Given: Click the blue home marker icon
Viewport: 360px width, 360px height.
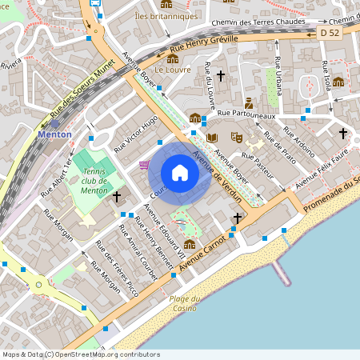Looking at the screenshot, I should point(180,173).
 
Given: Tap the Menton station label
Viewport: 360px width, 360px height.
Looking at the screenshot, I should point(54,134).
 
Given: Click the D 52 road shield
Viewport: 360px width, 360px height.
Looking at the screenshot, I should point(330,33).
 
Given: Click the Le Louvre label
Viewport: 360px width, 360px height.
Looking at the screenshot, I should point(170,70).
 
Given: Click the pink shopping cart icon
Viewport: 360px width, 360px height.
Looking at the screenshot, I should point(144,165).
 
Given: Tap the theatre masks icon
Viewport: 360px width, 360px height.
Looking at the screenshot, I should point(236,137).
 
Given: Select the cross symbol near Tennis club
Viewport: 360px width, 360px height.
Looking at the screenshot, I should point(117,195).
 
